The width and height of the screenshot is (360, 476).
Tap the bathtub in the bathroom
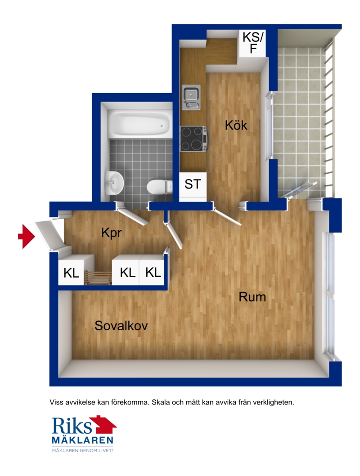click(139, 124)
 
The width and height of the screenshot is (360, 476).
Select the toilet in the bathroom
click(160, 186)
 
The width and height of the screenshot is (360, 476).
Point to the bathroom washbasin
click(114, 183)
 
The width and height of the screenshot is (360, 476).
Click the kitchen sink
click(191, 97)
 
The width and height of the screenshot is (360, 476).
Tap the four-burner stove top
click(193, 139)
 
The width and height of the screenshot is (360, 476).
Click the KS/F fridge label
click(252, 43)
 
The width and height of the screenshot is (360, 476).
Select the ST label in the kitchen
click(193, 184)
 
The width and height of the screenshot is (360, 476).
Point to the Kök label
click(236, 125)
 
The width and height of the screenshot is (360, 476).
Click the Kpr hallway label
click(112, 233)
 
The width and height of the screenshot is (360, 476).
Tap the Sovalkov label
click(121, 326)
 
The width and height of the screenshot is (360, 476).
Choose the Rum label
click(252, 297)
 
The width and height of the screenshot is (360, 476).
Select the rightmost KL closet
click(153, 272)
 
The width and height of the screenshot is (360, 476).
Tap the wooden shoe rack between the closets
click(98, 278)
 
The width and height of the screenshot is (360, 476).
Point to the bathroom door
click(132, 216)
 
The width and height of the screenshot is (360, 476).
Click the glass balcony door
click(299, 190)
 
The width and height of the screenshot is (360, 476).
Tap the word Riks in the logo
click(72, 426)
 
